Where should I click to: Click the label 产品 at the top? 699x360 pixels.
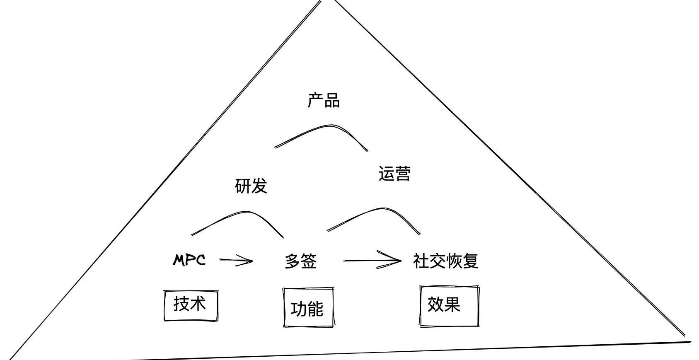click(324, 101)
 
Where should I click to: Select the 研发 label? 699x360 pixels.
click(251, 186)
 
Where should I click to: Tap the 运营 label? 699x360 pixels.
click(394, 174)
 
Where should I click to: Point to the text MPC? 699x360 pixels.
click(189, 260)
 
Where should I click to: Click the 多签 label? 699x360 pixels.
click(301, 261)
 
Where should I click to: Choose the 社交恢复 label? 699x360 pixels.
click(445, 261)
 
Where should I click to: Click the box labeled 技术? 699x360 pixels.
click(191, 305)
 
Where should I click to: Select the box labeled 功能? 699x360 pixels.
click(308, 307)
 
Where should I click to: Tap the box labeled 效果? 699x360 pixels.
click(449, 306)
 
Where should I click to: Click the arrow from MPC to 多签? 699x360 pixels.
click(235, 261)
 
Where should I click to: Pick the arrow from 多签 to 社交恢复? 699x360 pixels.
click(372, 261)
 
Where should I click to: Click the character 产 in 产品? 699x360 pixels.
click(315, 101)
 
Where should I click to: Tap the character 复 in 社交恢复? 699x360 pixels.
click(471, 261)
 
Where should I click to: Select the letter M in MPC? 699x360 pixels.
click(179, 260)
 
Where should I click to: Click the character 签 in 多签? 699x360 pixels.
click(309, 261)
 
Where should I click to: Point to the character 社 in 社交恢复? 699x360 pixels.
click(421, 261)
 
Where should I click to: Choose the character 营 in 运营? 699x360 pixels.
click(402, 174)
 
